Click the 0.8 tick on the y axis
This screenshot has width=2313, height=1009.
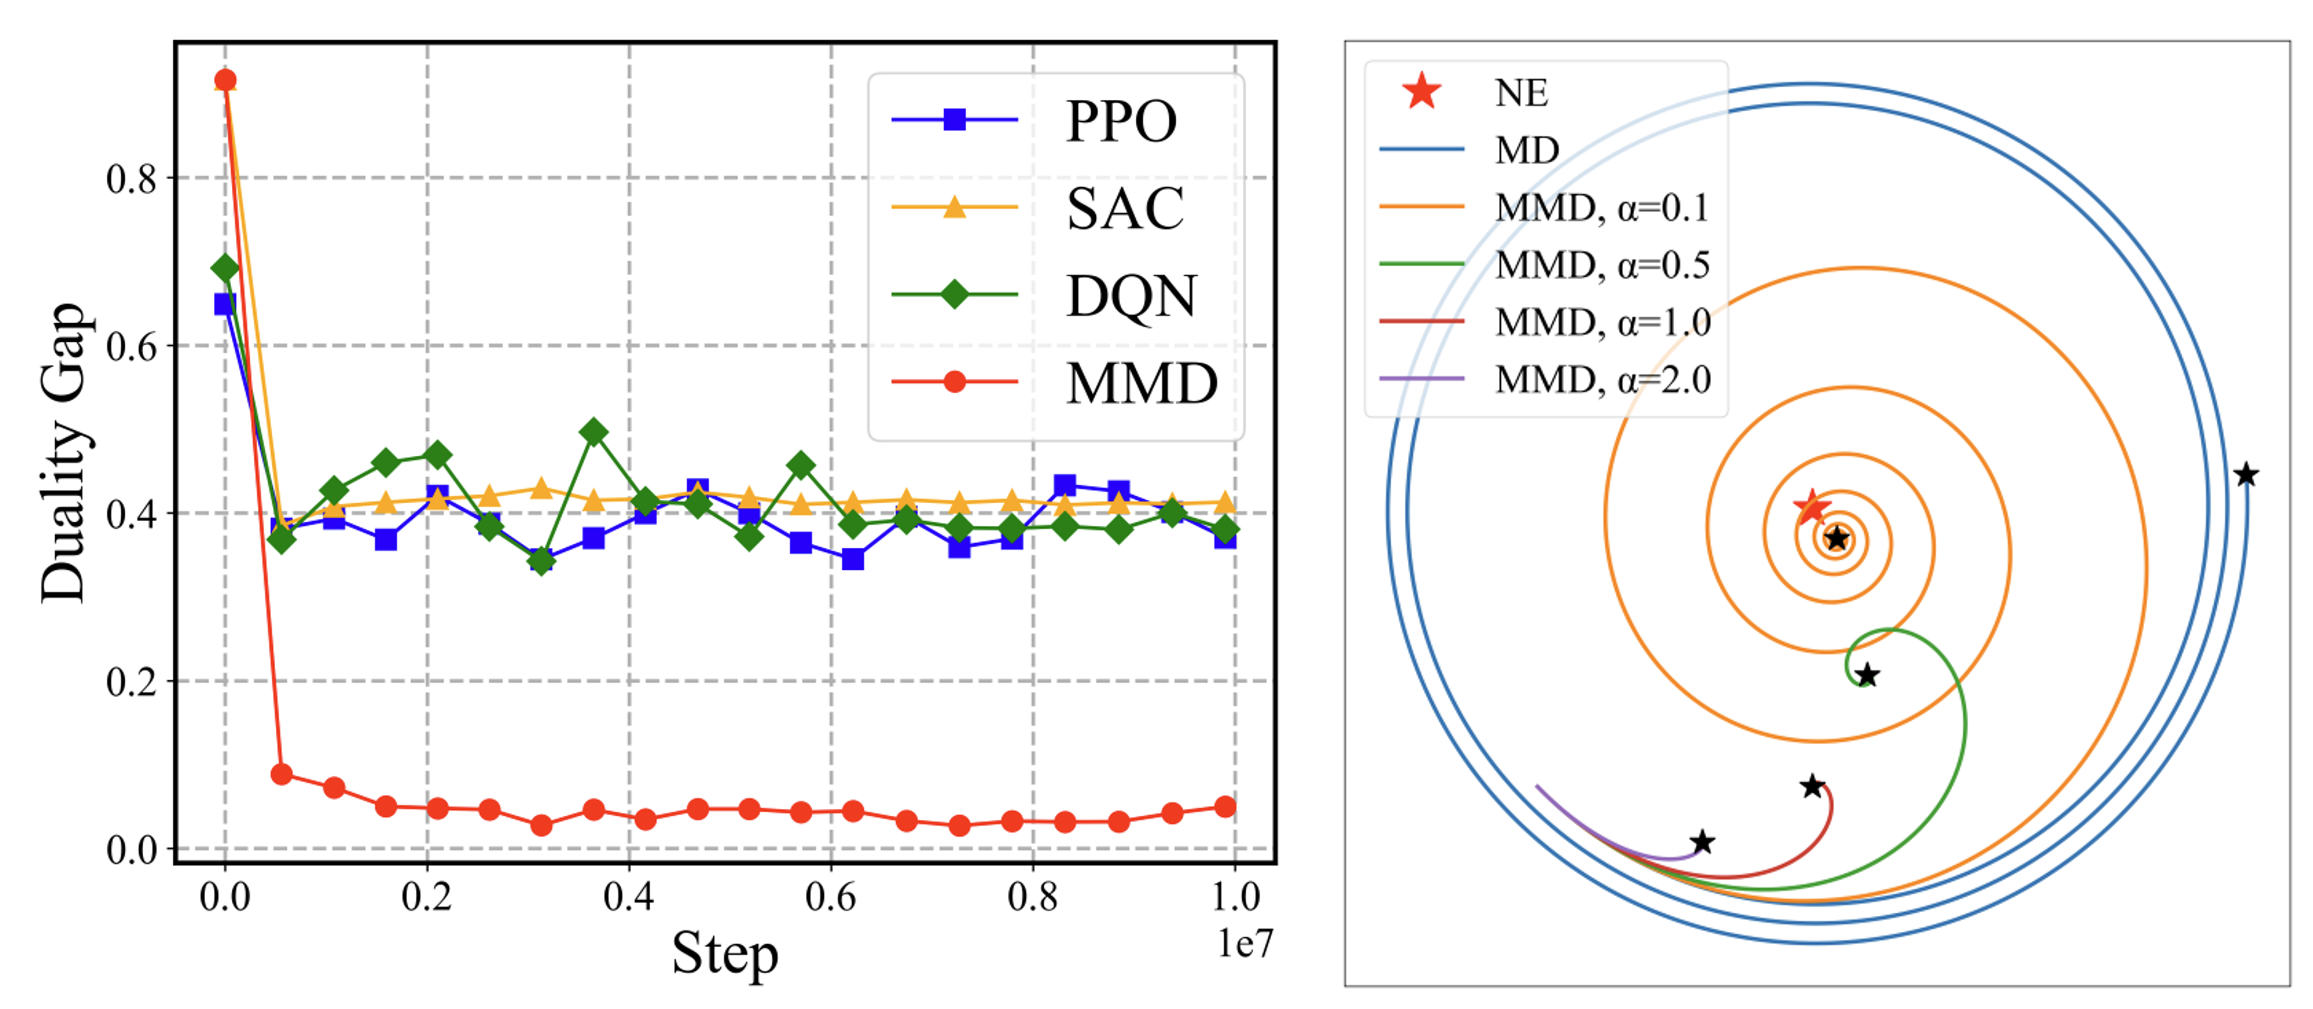click(131, 179)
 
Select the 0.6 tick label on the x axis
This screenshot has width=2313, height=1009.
click(830, 897)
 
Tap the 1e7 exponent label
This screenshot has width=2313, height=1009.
click(1244, 942)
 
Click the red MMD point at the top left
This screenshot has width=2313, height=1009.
click(225, 81)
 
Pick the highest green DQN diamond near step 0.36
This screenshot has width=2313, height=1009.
click(593, 432)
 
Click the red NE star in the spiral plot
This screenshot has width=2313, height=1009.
click(1810, 507)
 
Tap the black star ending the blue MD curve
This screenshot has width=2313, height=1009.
click(2246, 475)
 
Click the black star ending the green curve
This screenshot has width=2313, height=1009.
click(1867, 675)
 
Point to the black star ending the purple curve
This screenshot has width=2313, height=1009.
click(1703, 842)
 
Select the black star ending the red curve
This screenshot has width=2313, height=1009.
click(1813, 786)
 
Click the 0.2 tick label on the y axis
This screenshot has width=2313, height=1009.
click(131, 682)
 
